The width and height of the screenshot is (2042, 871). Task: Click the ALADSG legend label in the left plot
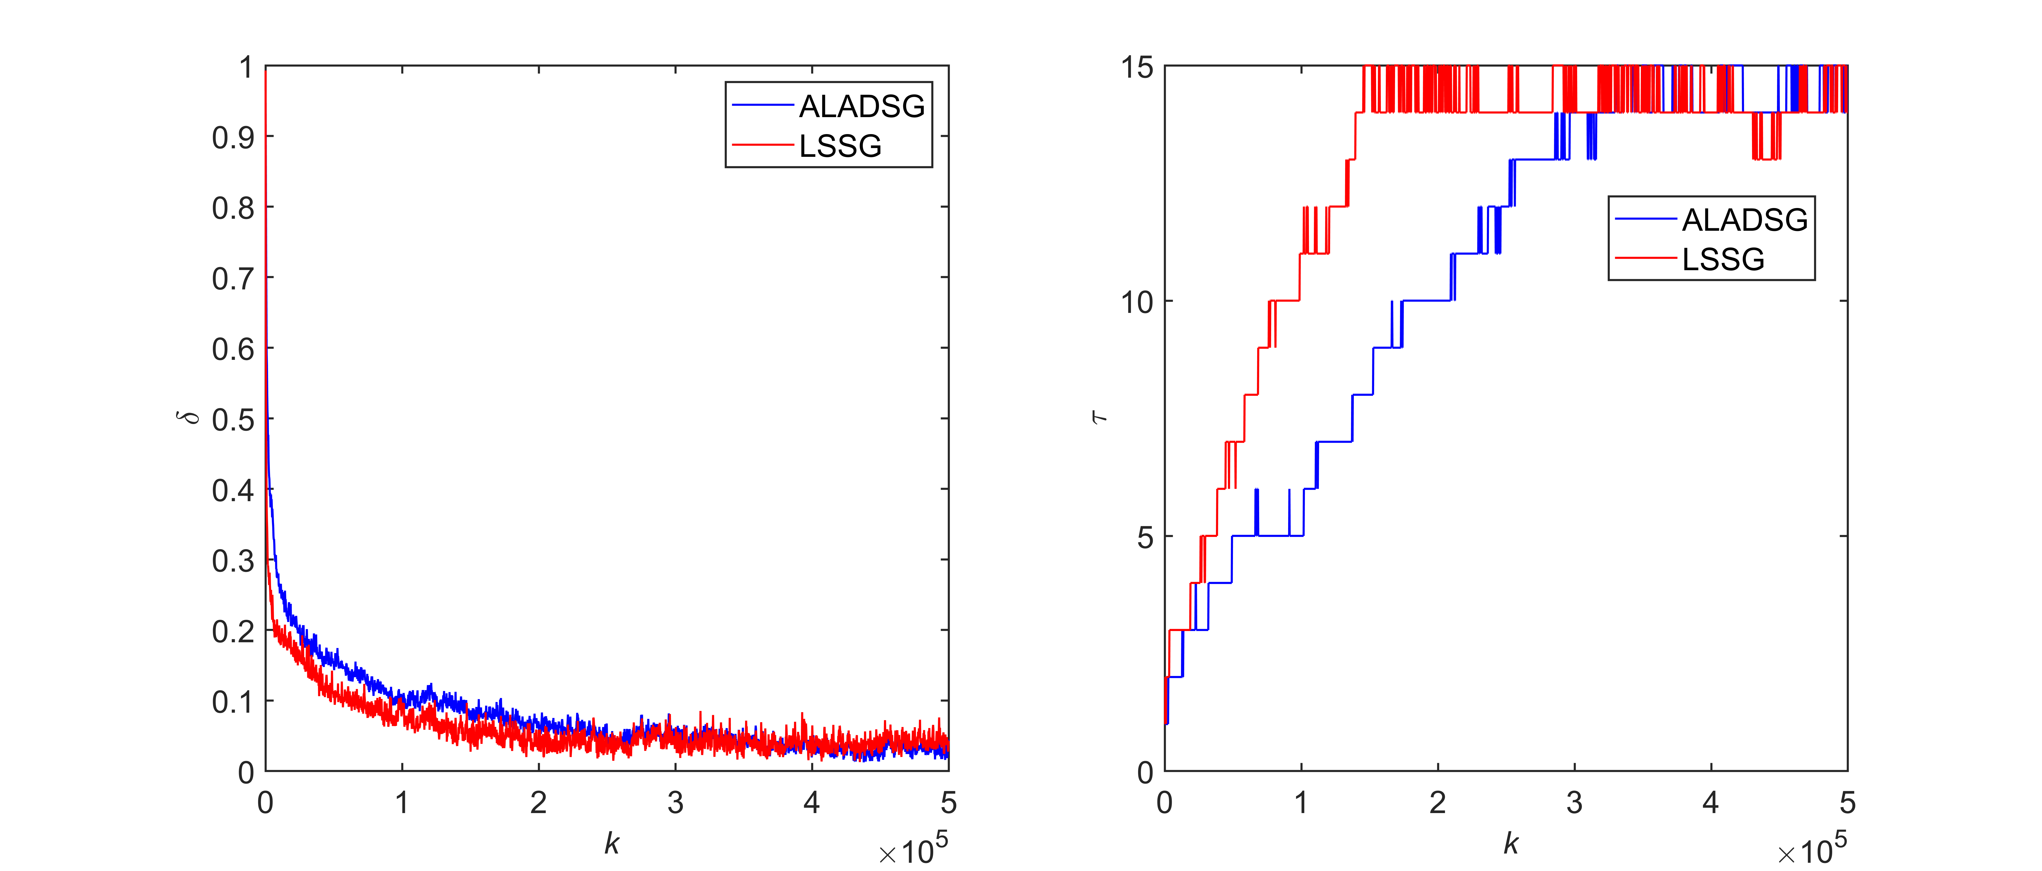862,106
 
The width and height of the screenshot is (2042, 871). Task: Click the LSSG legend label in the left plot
840,146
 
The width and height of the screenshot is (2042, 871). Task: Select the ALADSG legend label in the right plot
1745,219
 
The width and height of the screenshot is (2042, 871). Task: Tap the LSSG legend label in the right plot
1723,259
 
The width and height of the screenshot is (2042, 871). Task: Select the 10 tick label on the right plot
1136,302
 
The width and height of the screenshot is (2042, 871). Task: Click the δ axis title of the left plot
190,418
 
